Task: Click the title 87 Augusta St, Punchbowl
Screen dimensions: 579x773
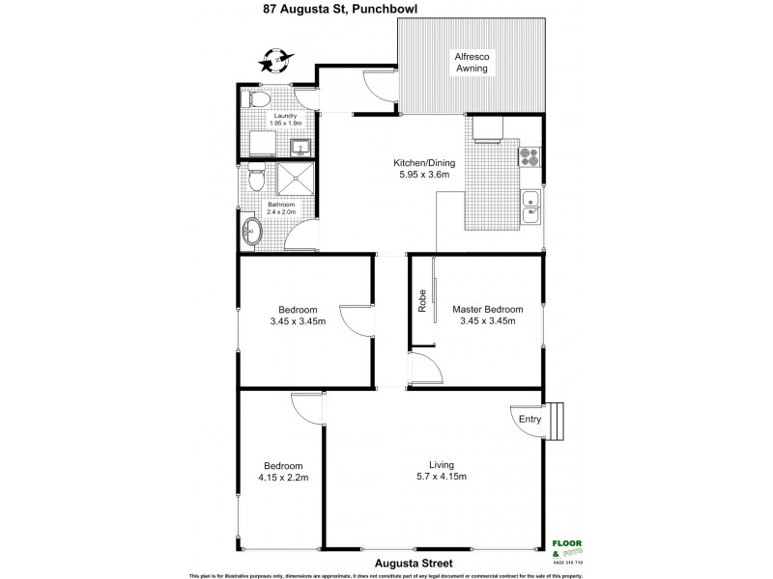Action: click(386, 11)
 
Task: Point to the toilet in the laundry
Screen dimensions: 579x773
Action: click(251, 99)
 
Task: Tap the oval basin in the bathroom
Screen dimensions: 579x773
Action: click(252, 231)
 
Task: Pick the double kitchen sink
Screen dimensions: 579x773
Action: click(530, 207)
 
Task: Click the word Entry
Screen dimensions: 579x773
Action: click(530, 420)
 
